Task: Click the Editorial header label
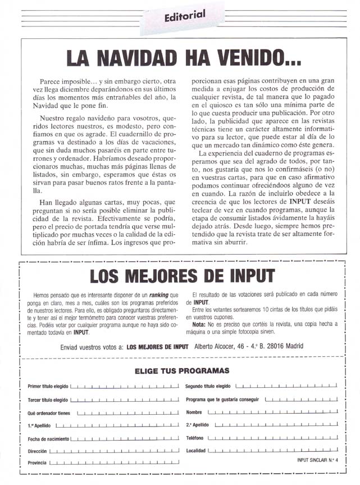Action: pyautogui.click(x=185, y=16)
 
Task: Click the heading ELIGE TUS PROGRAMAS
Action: pyautogui.click(x=182, y=370)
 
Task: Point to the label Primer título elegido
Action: pyautogui.click(x=48, y=387)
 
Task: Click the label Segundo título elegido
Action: pyautogui.click(x=208, y=387)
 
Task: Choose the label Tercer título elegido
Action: pyautogui.click(x=48, y=400)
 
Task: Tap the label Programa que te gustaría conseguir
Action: pyautogui.click(x=222, y=400)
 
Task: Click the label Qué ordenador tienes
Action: pyautogui.click(x=49, y=413)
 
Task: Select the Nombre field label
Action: pyautogui.click(x=194, y=413)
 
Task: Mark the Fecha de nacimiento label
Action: pyautogui.click(x=49, y=438)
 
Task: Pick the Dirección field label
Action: pyautogui.click(x=37, y=451)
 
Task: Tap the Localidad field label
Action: pyautogui.click(x=195, y=451)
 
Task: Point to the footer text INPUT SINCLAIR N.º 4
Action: pyautogui.click(x=318, y=460)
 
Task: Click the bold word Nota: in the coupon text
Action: pyautogui.click(x=199, y=324)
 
